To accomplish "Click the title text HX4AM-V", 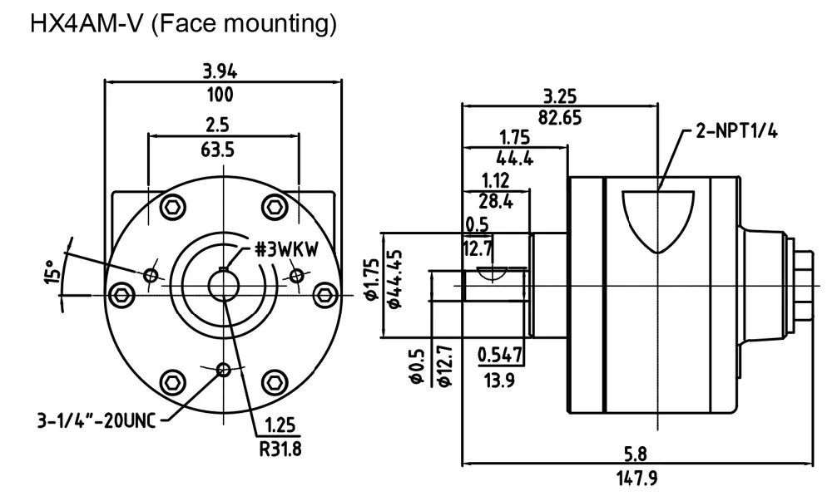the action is pyautogui.click(x=87, y=24).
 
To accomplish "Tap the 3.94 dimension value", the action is pyautogui.click(x=220, y=71).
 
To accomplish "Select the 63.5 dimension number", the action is pyautogui.click(x=217, y=150).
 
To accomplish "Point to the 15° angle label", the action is pyautogui.click(x=52, y=272).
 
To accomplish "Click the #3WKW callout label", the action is pyautogui.click(x=286, y=249).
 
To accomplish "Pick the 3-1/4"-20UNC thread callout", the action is pyautogui.click(x=97, y=420).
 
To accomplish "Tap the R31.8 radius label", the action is pyautogui.click(x=280, y=449).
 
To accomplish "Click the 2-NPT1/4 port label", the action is pyautogui.click(x=737, y=130).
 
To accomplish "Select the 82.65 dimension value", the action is pyautogui.click(x=560, y=117).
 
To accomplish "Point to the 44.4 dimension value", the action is pyautogui.click(x=515, y=158).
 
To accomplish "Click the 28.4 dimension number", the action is pyautogui.click(x=496, y=201).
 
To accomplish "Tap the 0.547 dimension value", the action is pyautogui.click(x=500, y=355).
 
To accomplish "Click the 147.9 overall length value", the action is pyautogui.click(x=636, y=479).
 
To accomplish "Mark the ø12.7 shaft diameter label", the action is pyautogui.click(x=444, y=366).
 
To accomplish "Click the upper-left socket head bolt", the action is pyautogui.click(x=174, y=207).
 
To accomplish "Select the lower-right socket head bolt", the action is pyautogui.click(x=275, y=381).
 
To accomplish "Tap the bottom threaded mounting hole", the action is pyautogui.click(x=224, y=370).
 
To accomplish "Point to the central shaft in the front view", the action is pyautogui.click(x=224, y=286).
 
